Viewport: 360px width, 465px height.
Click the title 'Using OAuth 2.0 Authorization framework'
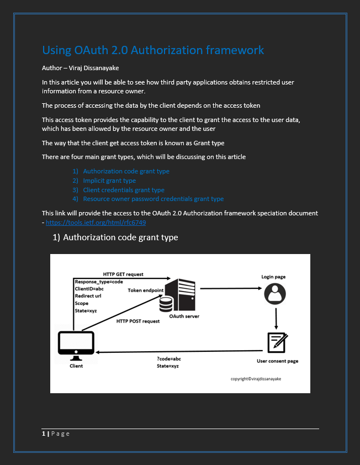pos(153,50)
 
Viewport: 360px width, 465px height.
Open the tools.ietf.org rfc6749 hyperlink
pos(96,222)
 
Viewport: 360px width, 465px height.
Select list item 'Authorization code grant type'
pos(126,171)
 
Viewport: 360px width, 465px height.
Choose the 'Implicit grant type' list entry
pos(109,181)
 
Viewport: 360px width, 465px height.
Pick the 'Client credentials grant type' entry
pos(124,189)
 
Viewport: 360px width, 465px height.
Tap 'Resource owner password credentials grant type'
pos(153,199)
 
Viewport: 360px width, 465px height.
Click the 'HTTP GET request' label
pos(123,274)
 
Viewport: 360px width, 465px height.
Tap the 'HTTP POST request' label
pos(137,321)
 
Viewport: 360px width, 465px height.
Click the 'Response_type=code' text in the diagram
pos(99,282)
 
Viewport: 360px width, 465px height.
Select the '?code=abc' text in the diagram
pos(168,358)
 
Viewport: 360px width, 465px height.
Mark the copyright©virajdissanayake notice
pos(259,379)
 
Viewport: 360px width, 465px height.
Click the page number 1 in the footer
pos(44,434)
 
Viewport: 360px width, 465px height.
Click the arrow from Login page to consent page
pos(276,318)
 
